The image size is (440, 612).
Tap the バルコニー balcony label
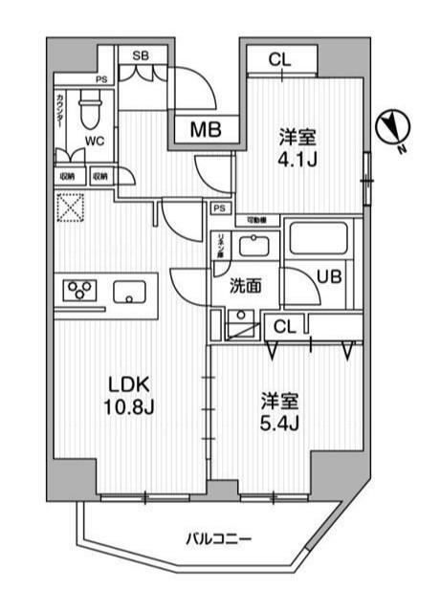[219, 539]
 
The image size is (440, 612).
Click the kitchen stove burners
[78, 291]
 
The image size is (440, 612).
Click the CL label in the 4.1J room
[278, 59]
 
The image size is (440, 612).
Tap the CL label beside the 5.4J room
[284, 326]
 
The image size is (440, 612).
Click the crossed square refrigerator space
[70, 208]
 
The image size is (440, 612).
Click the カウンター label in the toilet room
[61, 113]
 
